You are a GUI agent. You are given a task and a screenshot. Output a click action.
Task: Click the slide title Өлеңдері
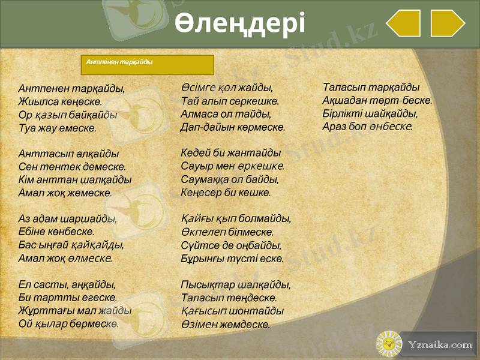coord(240,24)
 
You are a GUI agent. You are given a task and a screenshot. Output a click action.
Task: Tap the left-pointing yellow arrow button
coord(403,23)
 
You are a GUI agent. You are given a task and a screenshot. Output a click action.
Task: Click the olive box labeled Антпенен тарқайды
coord(147,64)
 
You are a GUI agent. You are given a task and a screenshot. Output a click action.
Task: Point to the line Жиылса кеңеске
coord(60,101)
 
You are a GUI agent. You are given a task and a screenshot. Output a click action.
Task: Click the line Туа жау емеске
coord(57,128)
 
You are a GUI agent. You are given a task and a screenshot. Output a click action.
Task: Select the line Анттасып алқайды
coord(68,154)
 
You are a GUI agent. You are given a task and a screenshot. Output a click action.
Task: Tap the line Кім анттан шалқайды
coord(75,180)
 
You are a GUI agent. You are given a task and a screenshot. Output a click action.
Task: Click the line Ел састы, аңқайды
coord(67,284)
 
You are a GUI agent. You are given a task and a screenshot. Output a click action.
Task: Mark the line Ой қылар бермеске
coord(68,324)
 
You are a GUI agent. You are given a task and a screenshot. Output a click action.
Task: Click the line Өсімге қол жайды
coord(227,88)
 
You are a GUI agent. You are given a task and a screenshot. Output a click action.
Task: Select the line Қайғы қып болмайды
coord(236,219)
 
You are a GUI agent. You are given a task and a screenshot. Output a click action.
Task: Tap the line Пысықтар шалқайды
coord(236,284)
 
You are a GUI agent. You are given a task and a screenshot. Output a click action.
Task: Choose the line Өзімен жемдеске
coord(225,325)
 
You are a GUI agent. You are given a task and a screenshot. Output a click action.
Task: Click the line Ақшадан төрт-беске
coord(377,100)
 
